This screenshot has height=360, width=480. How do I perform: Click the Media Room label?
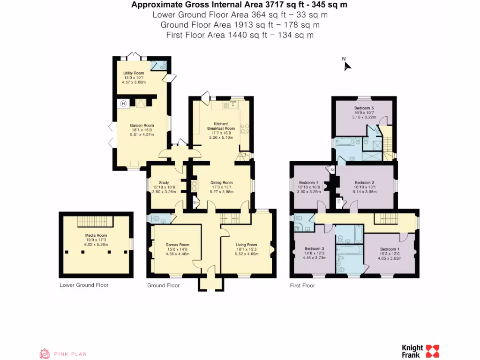96,235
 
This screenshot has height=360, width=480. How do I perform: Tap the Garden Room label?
142,126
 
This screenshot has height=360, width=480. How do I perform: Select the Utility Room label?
134,73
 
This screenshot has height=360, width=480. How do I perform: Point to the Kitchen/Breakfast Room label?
220,126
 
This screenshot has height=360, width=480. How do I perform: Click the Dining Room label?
221,183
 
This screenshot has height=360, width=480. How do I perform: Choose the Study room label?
164,183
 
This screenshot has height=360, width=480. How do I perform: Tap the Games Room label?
177,245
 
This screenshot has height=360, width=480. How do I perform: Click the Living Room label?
246,245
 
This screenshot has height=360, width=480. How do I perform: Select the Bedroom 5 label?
364,108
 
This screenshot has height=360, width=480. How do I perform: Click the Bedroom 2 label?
364,183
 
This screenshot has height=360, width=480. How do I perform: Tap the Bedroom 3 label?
314,248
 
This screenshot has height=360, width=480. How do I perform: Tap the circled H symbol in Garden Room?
124,104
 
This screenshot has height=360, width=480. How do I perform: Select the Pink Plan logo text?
70,354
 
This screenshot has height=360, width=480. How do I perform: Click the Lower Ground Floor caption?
84,285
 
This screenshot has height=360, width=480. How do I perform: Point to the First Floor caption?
302,285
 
